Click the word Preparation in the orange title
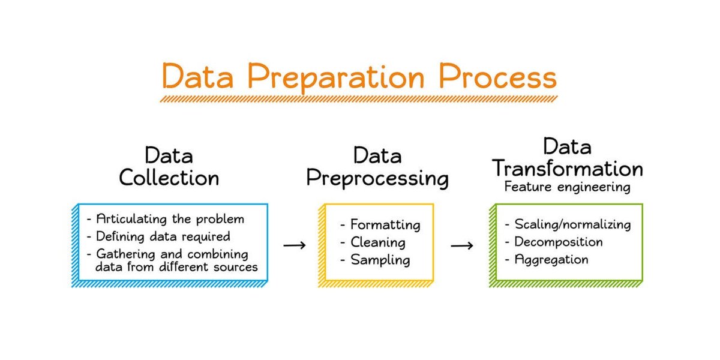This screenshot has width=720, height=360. pos(332,78)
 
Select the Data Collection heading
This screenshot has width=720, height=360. pos(169,167)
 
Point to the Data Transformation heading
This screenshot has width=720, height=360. pos(568,157)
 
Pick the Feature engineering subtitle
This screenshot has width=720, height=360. pos(567,187)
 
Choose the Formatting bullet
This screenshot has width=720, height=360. pos(380,225)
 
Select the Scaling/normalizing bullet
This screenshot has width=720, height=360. pos(568,224)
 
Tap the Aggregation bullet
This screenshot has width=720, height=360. pos(546,259)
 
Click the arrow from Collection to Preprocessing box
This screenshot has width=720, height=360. pos(295,245)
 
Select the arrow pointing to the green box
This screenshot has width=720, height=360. pos(462,245)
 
